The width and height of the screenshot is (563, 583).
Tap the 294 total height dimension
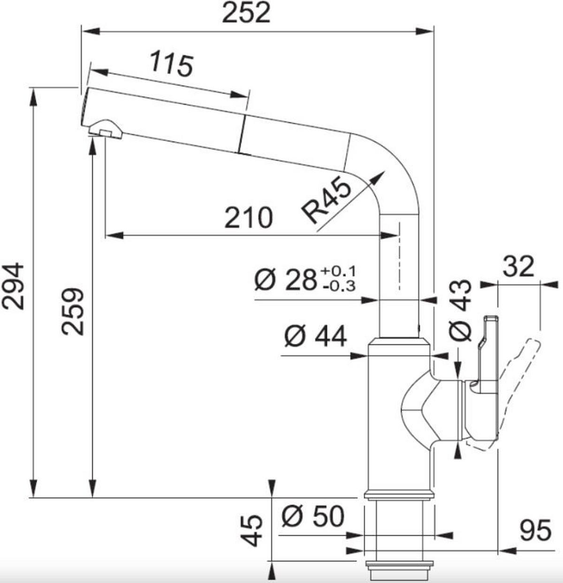pos(14,286)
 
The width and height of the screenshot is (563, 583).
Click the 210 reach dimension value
pos(248,218)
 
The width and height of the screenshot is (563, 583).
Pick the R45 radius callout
pos(327,201)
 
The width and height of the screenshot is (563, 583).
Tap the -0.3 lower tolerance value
pos(339,286)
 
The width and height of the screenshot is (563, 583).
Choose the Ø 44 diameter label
pos(315,336)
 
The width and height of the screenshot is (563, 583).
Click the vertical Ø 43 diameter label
pos(460,310)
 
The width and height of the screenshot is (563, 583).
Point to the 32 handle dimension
pos(518,266)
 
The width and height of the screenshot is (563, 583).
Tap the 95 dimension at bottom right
pos(535,531)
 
